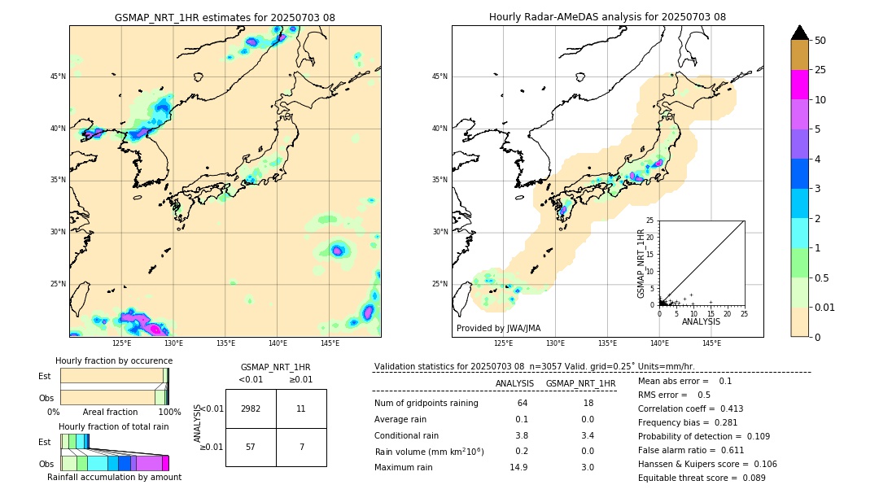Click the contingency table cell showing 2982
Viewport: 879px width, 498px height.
[x=251, y=408]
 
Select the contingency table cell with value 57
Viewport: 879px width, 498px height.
[x=251, y=447]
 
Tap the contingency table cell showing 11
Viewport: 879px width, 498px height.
[x=301, y=408]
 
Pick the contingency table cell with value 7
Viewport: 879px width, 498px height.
[x=301, y=447]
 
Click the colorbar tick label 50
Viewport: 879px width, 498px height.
[x=820, y=40]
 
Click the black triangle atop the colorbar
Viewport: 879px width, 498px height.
[x=800, y=33]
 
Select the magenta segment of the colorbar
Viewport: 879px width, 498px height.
[x=800, y=85]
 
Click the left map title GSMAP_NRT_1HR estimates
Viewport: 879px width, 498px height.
[x=225, y=17]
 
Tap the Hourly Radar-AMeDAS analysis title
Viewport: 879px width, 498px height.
[x=607, y=17]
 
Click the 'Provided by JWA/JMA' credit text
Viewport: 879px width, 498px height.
[x=498, y=329]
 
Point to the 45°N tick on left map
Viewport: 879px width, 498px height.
[x=58, y=76]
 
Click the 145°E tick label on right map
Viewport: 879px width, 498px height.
[x=711, y=343]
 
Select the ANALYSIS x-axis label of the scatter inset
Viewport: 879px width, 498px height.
[x=701, y=321]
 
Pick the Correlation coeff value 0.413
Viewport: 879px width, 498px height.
[x=725, y=408]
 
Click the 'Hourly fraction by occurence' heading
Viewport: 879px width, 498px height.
[x=114, y=360]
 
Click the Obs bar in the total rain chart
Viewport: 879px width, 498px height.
[x=114, y=463]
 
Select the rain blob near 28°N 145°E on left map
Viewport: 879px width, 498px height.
[x=338, y=251]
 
